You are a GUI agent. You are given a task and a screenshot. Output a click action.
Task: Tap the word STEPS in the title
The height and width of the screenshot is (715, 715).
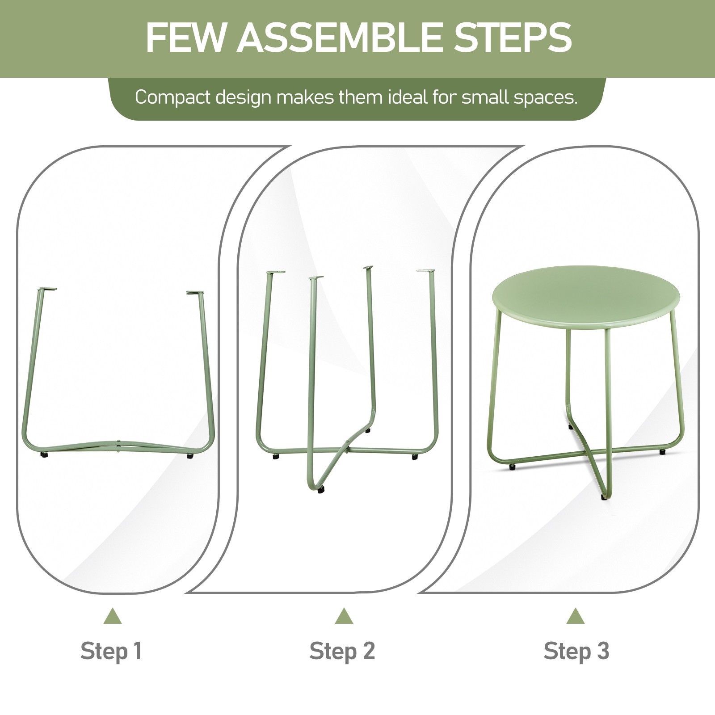click(512, 38)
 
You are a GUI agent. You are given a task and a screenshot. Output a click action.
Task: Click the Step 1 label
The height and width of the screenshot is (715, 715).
click(111, 651)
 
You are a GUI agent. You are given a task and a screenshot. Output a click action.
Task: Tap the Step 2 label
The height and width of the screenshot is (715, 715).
click(342, 651)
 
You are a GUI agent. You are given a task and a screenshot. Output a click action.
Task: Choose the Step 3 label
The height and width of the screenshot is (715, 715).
click(576, 651)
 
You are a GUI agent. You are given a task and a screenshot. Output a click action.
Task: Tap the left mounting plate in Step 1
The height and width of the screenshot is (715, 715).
click(48, 289)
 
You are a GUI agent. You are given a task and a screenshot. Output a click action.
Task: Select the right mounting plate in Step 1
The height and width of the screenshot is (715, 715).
click(194, 292)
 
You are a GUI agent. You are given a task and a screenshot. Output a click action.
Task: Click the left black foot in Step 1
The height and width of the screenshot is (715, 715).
click(44, 454)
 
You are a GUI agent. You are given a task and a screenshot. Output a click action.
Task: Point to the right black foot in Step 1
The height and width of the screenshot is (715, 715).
click(190, 456)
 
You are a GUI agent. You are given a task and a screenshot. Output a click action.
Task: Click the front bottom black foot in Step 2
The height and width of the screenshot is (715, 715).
click(321, 489)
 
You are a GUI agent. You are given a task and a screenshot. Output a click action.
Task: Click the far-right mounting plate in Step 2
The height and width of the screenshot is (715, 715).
click(425, 271)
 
